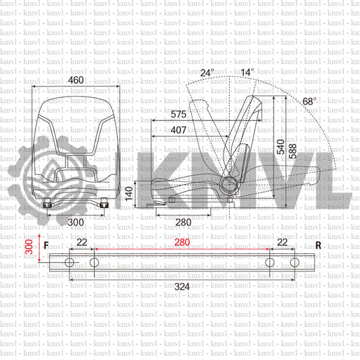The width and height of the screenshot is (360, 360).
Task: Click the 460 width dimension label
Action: (76, 80)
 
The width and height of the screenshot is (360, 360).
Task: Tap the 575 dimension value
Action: (178, 114)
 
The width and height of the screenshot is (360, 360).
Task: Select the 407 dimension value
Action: (178, 130)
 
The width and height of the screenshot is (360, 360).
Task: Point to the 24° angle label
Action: (207, 73)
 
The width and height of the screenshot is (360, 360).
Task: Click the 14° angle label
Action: (247, 72)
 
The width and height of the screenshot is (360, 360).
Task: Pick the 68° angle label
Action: (309, 101)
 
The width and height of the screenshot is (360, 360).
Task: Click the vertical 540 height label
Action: (280, 147)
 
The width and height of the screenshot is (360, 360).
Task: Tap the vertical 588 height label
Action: (292, 151)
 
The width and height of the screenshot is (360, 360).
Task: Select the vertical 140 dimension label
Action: (129, 194)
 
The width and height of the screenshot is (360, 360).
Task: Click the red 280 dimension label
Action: (182, 242)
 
